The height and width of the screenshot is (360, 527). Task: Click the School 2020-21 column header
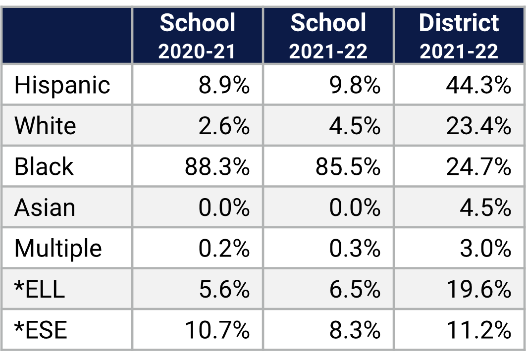pyautogui.click(x=198, y=36)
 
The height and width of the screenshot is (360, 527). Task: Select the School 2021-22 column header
pyautogui.click(x=328, y=36)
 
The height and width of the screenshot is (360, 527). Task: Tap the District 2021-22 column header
pyautogui.click(x=459, y=36)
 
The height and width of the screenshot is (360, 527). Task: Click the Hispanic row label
pyautogui.click(x=62, y=85)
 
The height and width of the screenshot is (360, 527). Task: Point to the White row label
pyautogui.click(x=45, y=126)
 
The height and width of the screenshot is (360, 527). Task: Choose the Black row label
pyautogui.click(x=44, y=166)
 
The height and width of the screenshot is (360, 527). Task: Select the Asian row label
pyautogui.click(x=45, y=207)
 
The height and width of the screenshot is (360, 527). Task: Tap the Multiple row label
pyautogui.click(x=58, y=248)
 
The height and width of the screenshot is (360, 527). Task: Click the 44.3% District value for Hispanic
pyautogui.click(x=478, y=85)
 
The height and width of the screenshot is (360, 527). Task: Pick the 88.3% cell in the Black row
pyautogui.click(x=217, y=167)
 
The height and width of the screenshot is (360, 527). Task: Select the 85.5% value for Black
pyautogui.click(x=348, y=167)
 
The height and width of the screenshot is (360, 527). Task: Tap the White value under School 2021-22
pyautogui.click(x=355, y=126)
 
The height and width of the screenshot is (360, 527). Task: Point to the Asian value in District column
pyautogui.click(x=485, y=207)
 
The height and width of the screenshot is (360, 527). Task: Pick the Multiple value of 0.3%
pyautogui.click(x=355, y=248)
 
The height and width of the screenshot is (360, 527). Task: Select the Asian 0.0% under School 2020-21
pyautogui.click(x=224, y=207)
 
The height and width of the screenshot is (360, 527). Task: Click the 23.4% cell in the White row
pyautogui.click(x=478, y=126)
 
